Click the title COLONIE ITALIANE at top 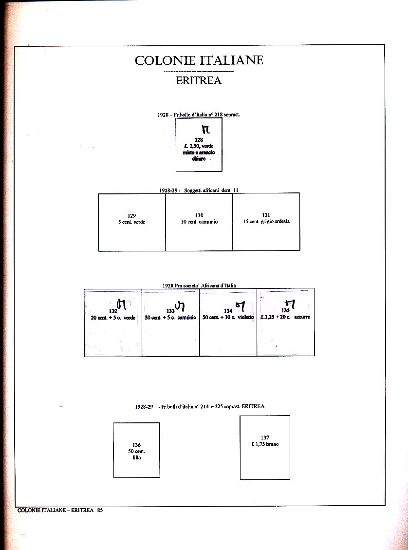(x=199, y=60)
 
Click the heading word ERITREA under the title (x=199, y=80)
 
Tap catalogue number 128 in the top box (x=199, y=140)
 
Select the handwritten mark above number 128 (x=205, y=130)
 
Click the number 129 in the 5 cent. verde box (x=131, y=215)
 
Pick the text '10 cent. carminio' (x=199, y=222)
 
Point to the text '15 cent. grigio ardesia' (x=266, y=221)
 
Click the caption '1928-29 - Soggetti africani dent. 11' (x=199, y=190)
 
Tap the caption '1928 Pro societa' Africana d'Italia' (x=199, y=285)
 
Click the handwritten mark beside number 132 (x=121, y=305)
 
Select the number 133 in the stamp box (x=170, y=311)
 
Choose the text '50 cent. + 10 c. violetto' (x=228, y=317)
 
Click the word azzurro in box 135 (x=302, y=317)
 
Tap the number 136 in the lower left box (x=136, y=445)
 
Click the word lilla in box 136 (x=136, y=457)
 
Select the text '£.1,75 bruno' (x=265, y=444)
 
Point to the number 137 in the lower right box (x=265, y=437)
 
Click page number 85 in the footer (x=99, y=511)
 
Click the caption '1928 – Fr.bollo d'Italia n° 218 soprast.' (x=199, y=114)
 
